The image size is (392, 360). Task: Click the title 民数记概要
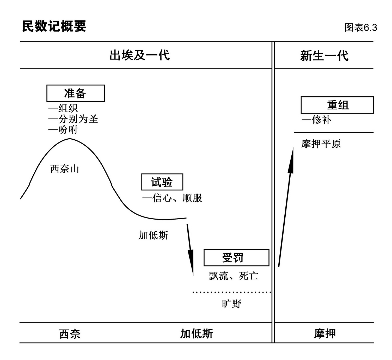tap(54, 26)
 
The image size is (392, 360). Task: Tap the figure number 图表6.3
tap(361, 27)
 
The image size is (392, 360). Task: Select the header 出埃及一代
tap(139, 55)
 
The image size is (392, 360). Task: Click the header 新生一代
tap(324, 56)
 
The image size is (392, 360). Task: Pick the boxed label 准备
tap(76, 93)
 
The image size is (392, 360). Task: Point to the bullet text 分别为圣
tap(78, 119)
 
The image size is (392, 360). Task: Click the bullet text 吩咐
tap(68, 130)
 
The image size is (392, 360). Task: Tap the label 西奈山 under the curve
tap(65, 169)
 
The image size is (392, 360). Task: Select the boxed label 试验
tap(162, 182)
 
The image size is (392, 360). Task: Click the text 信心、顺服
tap(177, 198)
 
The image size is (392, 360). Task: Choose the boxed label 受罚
tap(236, 258)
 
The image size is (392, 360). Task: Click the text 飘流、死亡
tap(233, 276)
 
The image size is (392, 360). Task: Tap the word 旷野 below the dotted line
tap(232, 304)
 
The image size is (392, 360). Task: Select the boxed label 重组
tap(337, 105)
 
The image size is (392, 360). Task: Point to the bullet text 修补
tap(321, 120)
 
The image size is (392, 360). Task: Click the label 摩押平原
tap(321, 144)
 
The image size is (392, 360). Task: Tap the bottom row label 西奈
tap(70, 334)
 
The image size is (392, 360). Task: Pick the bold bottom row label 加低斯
tap(197, 334)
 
